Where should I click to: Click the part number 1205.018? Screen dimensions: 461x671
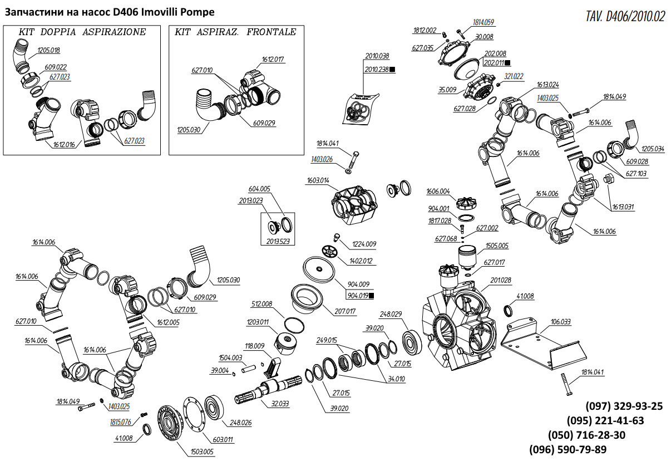48,50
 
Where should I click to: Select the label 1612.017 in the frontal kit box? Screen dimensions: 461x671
273,60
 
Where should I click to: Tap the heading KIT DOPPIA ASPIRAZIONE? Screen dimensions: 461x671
82,32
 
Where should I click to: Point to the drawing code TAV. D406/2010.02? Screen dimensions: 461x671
625,16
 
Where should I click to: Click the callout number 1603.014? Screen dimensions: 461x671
317,180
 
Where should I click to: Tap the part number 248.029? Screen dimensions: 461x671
391,315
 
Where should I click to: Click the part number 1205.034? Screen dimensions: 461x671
653,149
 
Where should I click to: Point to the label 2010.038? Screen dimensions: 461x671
377,56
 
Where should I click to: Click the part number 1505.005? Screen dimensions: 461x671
497,246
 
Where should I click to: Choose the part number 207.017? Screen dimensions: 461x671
344,311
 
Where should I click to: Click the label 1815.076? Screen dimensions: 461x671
120,421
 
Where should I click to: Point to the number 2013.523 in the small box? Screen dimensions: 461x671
277,241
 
